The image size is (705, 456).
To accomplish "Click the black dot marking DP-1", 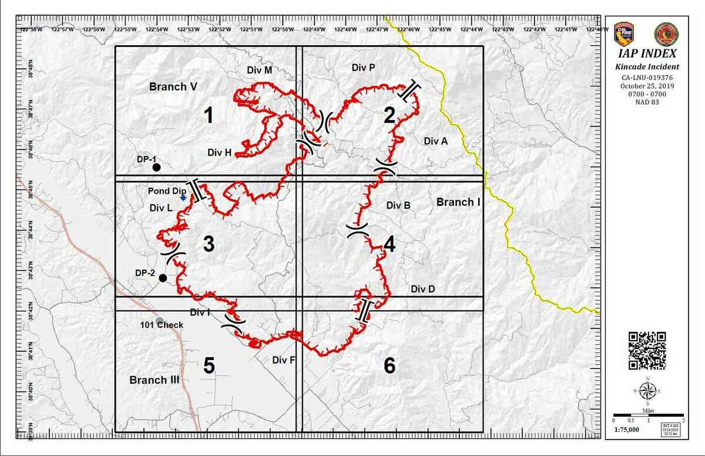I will coord(156,167).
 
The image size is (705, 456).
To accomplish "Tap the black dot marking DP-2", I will coord(163,277).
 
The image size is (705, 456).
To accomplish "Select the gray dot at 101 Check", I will coord(159,320).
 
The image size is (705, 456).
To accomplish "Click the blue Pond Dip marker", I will coord(183,198).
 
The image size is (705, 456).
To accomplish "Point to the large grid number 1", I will coord(208,116).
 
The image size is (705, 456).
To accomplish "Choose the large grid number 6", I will coord(390,366).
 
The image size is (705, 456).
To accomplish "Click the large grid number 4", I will coord(390,244).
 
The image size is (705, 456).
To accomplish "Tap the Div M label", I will coord(259,70).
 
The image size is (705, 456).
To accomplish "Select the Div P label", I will coord(363,68).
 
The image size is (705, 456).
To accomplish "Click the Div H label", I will coord(219,152).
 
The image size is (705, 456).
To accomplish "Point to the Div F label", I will coord(284,360).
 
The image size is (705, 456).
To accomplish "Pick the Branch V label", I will coord(173,86).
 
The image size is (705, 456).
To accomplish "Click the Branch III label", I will coord(154,380).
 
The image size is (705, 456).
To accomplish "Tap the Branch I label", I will coord(458,202).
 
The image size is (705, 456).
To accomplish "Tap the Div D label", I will coord(423,289).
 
